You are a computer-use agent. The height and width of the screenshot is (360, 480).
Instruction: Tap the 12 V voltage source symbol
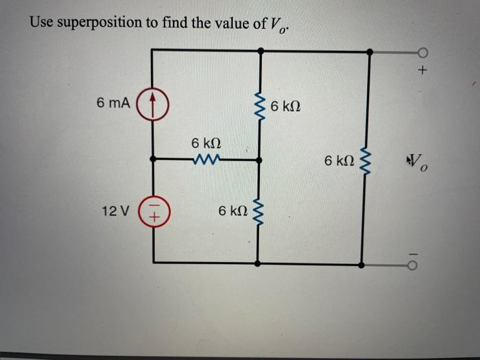click(x=153, y=210)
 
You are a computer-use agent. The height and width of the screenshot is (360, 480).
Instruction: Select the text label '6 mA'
click(x=113, y=104)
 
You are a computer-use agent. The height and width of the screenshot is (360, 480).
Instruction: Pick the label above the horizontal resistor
click(x=206, y=144)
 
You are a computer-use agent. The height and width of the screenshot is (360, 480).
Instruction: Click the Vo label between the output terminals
click(x=418, y=163)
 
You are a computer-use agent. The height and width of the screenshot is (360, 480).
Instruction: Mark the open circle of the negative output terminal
click(x=422, y=264)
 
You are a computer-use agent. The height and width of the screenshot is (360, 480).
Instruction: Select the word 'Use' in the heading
click(x=41, y=22)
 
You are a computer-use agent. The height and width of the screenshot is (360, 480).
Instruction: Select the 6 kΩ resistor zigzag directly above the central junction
click(x=259, y=108)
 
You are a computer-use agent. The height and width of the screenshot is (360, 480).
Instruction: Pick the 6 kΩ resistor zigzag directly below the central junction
click(x=259, y=213)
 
